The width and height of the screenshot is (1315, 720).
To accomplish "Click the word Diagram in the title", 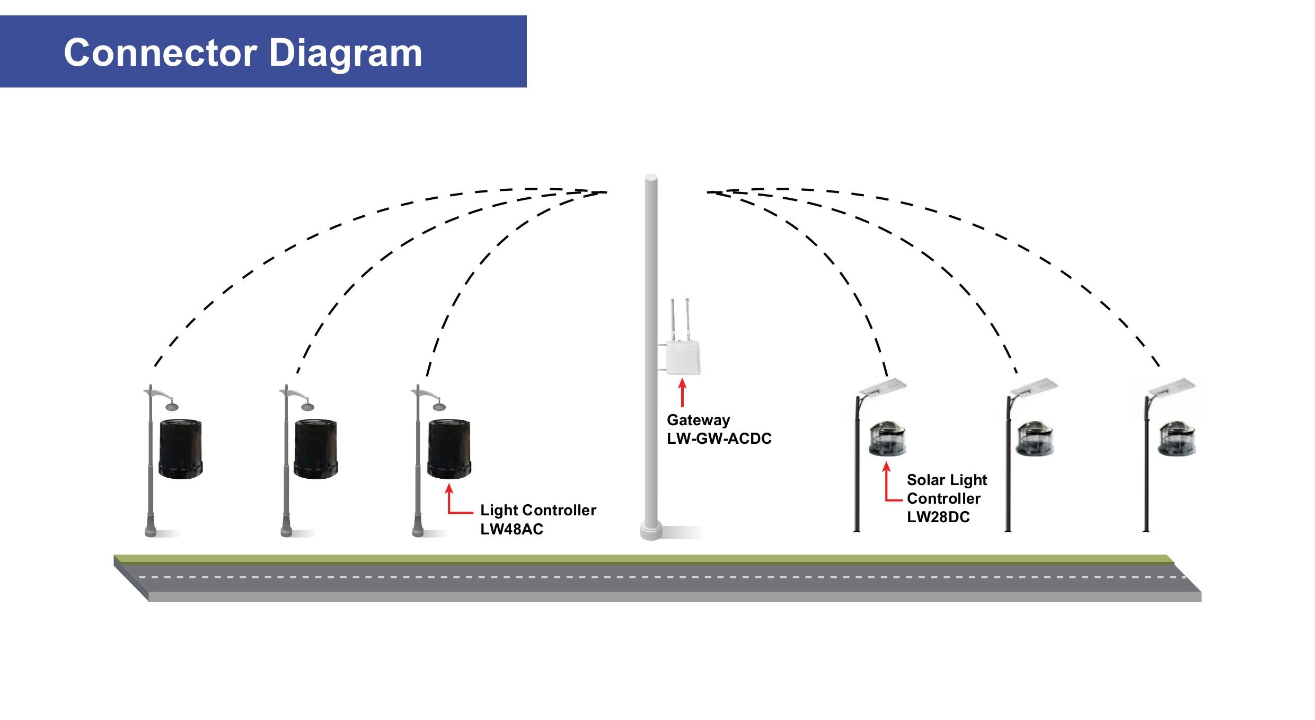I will coord(346,54).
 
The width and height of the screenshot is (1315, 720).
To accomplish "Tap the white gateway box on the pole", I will coord(683,357).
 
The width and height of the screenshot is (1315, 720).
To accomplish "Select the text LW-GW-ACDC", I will coord(719,438).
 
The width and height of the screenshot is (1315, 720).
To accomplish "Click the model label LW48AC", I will coord(511,529).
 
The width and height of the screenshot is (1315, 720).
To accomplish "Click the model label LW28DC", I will coord(938,517).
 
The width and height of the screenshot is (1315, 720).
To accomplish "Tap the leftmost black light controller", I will coord(181,449).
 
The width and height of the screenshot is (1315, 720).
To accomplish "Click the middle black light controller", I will coord(316,449).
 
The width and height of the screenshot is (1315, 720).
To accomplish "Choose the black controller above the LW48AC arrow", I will coord(449,449).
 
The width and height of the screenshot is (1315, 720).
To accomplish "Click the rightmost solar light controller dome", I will coord(1176,438).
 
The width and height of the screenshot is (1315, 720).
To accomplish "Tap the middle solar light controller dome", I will coord(1034,438).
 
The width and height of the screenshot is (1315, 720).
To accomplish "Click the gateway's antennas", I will coord(680,318).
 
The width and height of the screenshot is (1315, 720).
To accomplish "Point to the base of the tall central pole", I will coord(651,530).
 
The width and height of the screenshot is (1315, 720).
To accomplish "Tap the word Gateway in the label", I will coord(698,420).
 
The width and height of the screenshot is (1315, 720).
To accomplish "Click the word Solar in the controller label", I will coord(926,480).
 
